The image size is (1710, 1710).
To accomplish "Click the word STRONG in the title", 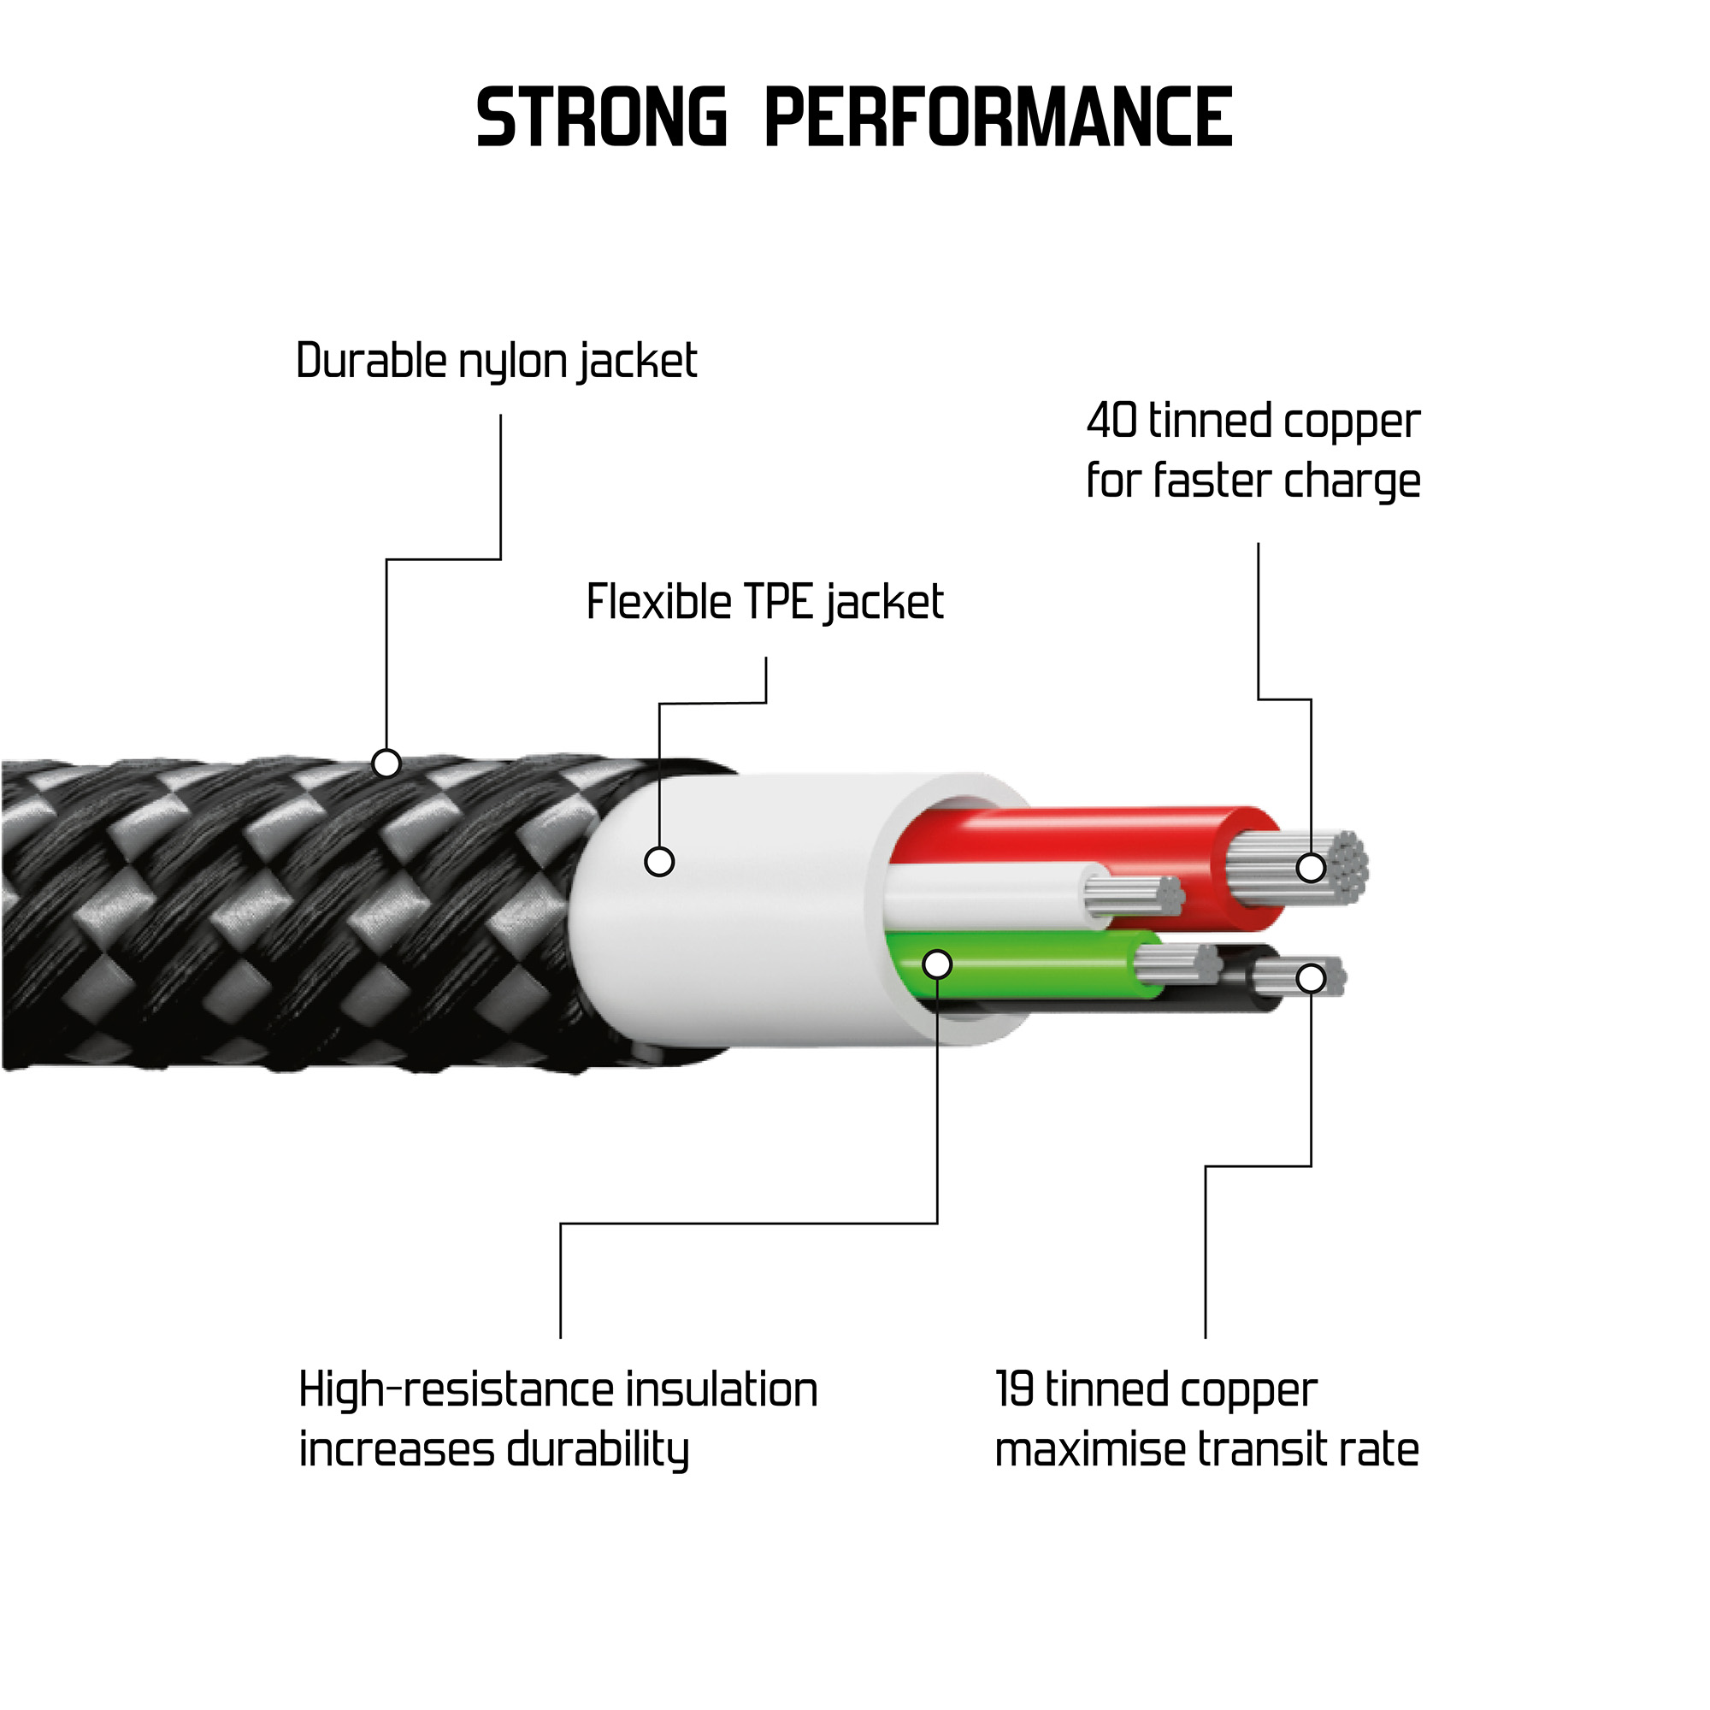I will click(x=601, y=118).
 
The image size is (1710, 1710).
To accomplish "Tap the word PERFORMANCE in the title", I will click(x=998, y=118).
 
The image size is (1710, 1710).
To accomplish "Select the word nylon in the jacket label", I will click(x=512, y=362).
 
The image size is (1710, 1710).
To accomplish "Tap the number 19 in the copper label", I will click(x=1014, y=1389).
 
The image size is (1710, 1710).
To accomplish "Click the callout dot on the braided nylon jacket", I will click(x=386, y=763).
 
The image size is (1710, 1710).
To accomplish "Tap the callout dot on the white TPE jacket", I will click(x=659, y=861).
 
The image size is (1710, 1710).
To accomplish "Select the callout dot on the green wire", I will click(x=937, y=964).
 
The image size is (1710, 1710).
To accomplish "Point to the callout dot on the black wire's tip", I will click(x=1311, y=978).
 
